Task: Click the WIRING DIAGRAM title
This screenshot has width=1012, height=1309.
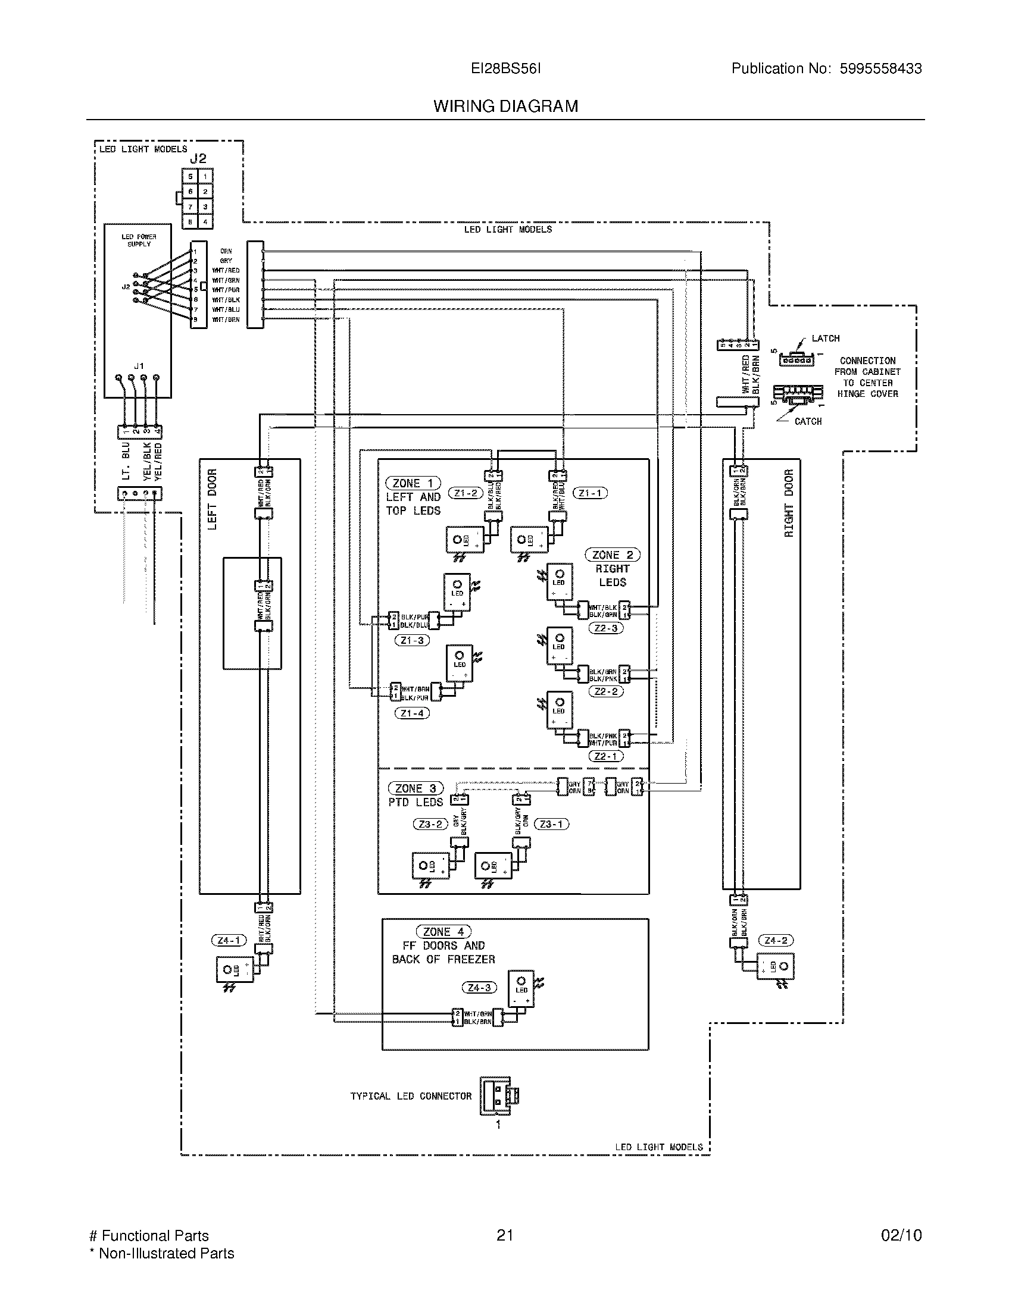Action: (505, 107)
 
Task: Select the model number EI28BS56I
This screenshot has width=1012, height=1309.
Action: (505, 68)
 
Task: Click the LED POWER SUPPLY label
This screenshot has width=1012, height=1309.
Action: (139, 240)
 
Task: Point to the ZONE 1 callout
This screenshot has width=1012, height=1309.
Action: (413, 483)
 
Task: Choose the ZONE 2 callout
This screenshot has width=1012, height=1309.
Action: (612, 555)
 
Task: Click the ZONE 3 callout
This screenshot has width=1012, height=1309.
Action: (416, 788)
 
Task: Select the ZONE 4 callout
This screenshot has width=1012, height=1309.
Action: (443, 931)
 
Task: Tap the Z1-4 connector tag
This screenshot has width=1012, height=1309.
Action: (412, 713)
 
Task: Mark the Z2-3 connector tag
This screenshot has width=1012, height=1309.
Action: (605, 628)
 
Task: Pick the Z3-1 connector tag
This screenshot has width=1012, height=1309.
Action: (551, 824)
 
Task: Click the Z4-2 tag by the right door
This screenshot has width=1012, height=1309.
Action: (776, 940)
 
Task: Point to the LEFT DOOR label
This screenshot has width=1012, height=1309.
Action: (212, 499)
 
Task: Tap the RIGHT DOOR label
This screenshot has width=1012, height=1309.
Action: (788, 503)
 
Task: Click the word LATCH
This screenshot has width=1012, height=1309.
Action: (825, 339)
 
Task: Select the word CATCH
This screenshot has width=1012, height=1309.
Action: (808, 421)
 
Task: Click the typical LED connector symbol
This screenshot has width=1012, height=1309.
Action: (498, 1095)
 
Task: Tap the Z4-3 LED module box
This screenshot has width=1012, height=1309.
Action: (521, 989)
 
